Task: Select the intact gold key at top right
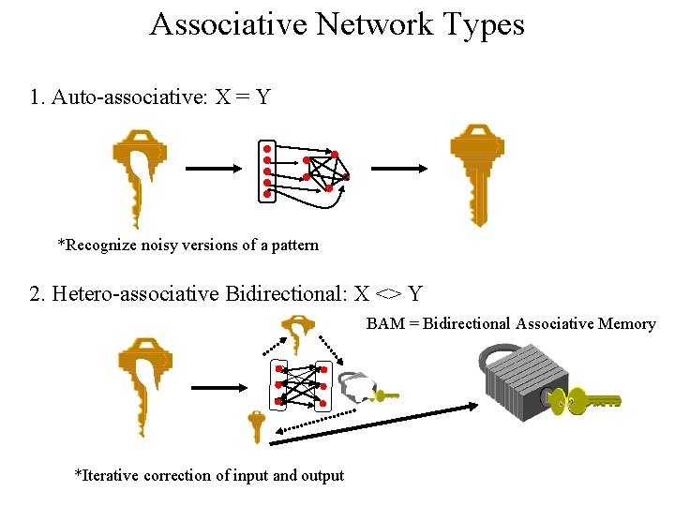(477, 169)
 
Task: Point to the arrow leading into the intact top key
(400, 170)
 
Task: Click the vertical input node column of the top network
(267, 171)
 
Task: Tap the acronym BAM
(384, 324)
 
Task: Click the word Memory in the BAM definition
(625, 324)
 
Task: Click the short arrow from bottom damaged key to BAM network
(219, 387)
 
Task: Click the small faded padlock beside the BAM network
(357, 385)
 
